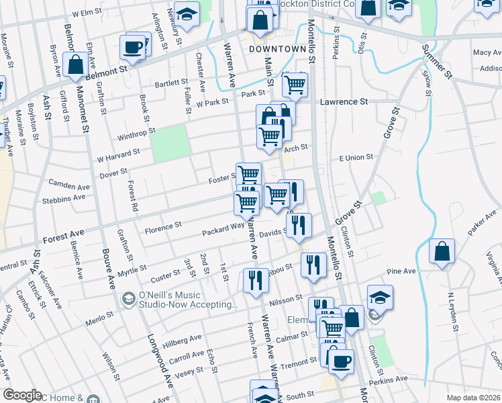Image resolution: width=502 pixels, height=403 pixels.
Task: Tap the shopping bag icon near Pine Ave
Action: (x=442, y=253)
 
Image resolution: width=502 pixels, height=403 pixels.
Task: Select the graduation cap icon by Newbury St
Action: (x=189, y=13)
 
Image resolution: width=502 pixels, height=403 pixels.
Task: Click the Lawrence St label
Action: (x=344, y=102)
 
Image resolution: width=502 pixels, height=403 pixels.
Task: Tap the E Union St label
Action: (x=356, y=157)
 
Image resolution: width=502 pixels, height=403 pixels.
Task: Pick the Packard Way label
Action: (x=223, y=230)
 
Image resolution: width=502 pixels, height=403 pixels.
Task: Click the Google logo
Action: (x=22, y=395)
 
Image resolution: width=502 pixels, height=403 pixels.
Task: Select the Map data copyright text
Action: (x=472, y=397)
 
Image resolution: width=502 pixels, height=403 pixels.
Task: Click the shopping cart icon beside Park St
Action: (x=295, y=85)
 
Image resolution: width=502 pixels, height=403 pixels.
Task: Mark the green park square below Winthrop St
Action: (x=170, y=143)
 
